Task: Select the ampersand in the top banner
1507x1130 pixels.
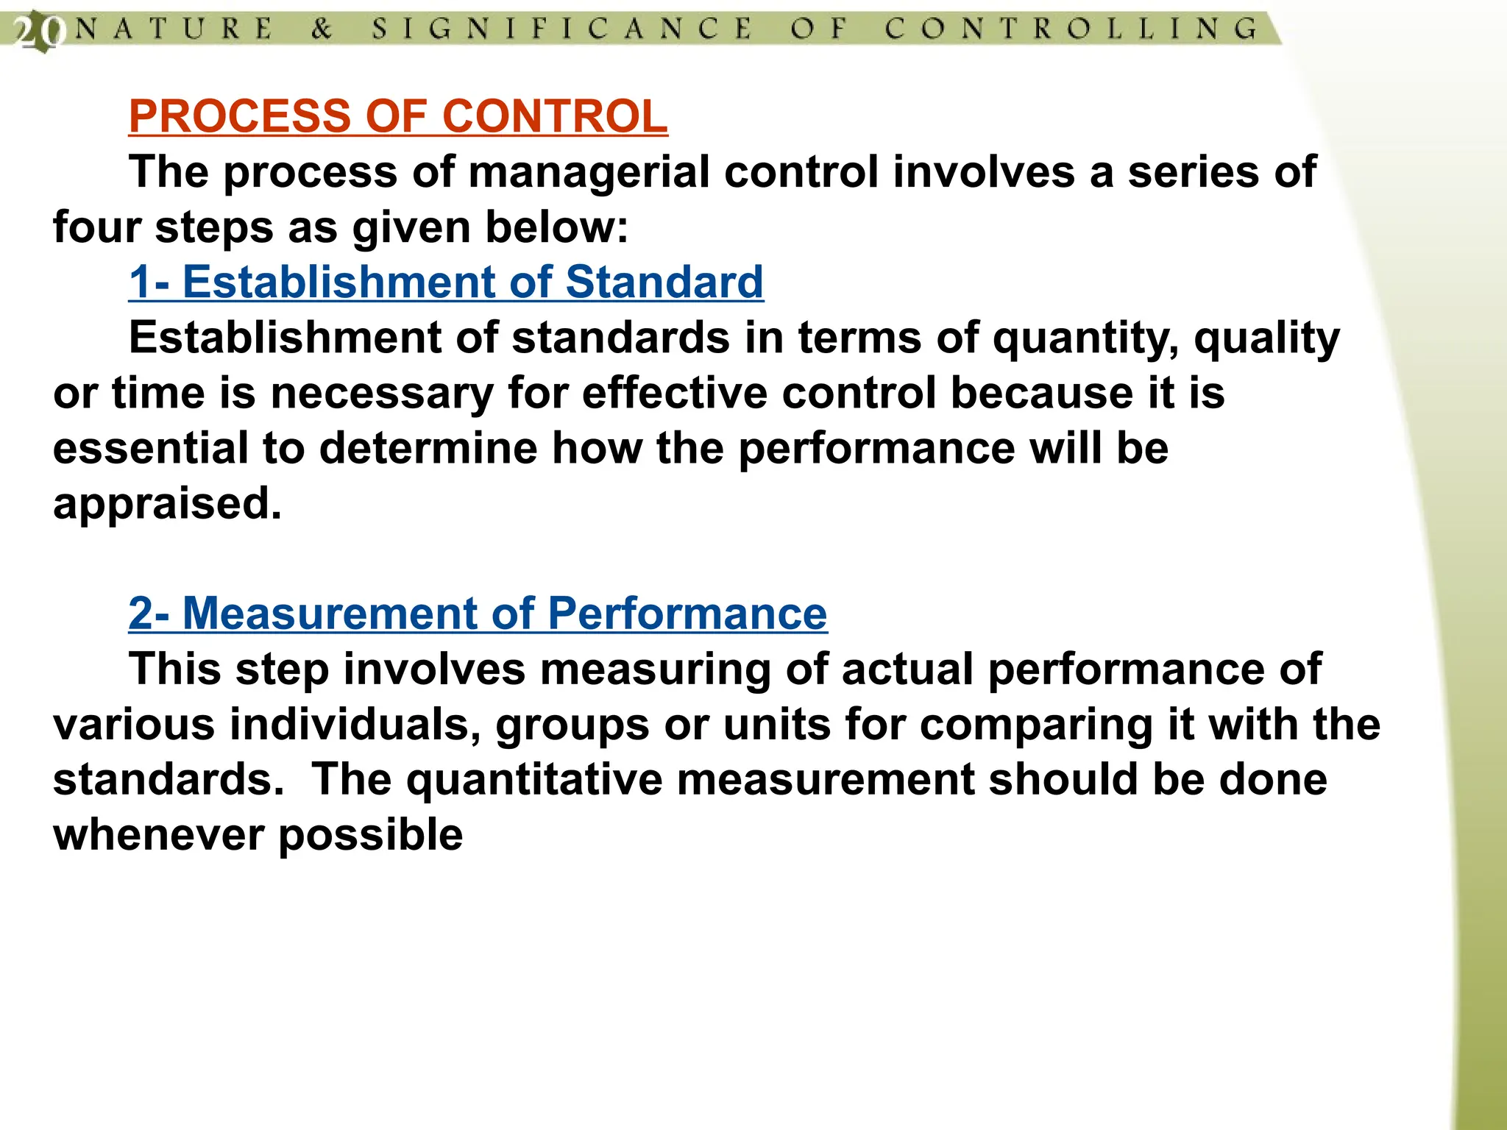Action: tap(322, 29)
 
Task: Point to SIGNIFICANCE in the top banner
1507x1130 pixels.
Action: tap(561, 29)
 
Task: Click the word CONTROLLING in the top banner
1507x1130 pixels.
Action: tap(1071, 29)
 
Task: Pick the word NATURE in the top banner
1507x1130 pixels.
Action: tap(174, 29)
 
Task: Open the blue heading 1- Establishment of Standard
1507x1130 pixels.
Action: tap(446, 282)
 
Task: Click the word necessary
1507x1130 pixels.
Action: tap(382, 393)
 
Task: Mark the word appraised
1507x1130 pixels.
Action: tap(167, 504)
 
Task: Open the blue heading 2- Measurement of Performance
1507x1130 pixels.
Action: tap(478, 614)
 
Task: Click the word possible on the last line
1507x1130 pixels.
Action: tap(371, 836)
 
